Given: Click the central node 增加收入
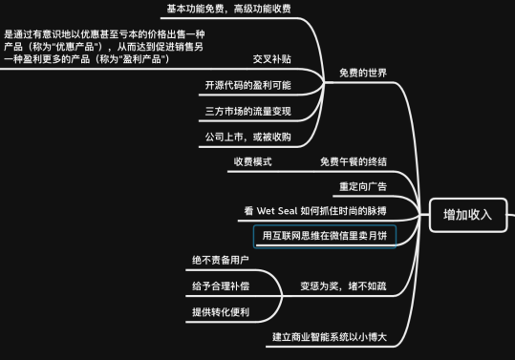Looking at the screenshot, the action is click(x=467, y=214).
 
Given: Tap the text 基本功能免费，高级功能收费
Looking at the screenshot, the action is click(x=228, y=9).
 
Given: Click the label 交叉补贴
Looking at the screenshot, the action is click(x=272, y=59).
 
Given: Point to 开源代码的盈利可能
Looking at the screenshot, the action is click(x=247, y=85).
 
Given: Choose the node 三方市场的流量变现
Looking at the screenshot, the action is click(x=247, y=112).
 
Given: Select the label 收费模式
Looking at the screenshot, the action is click(x=253, y=161).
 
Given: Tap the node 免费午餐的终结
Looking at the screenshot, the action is click(x=354, y=161).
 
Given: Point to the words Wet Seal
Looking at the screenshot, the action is click(x=277, y=208).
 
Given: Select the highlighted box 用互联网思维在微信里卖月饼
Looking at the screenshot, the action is click(x=325, y=235).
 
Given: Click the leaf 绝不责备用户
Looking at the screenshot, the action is click(x=221, y=260).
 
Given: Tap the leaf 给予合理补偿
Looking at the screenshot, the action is click(x=221, y=286).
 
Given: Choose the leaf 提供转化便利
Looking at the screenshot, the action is click(x=221, y=311).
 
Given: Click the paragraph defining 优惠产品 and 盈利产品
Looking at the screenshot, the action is click(x=105, y=46).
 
